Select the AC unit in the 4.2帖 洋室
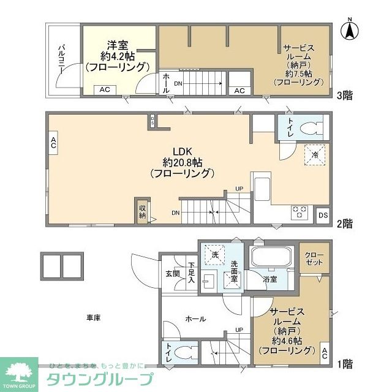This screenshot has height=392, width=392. click(x=105, y=89)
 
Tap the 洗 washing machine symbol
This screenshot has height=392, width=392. click(x=215, y=253)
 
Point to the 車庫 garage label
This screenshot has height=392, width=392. click(x=94, y=317)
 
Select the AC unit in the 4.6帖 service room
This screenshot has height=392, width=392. click(x=325, y=353)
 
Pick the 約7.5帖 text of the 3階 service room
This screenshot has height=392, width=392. click(x=298, y=73)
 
